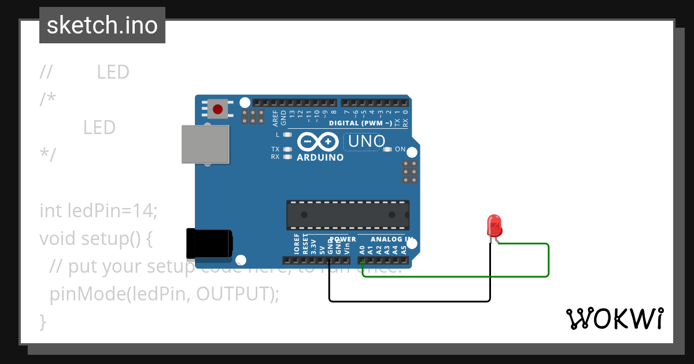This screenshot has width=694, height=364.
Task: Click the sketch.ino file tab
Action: click(102, 25)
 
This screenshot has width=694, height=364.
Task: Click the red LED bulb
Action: click(494, 225)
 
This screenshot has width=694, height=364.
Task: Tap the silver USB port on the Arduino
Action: click(205, 144)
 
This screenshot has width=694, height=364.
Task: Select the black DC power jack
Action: click(209, 243)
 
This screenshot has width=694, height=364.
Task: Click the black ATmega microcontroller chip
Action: click(348, 215)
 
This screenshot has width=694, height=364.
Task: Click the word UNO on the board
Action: click(366, 141)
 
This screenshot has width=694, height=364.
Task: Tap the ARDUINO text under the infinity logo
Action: click(320, 157)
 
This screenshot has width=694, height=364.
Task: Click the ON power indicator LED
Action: click(388, 150)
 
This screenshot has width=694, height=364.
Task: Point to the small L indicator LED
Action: click(286, 135)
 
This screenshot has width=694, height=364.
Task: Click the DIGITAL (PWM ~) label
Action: click(360, 123)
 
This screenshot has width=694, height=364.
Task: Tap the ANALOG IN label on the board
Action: click(392, 239)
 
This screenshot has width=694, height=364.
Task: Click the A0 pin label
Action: click(362, 250)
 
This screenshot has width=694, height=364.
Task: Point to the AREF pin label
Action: click(275, 118)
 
